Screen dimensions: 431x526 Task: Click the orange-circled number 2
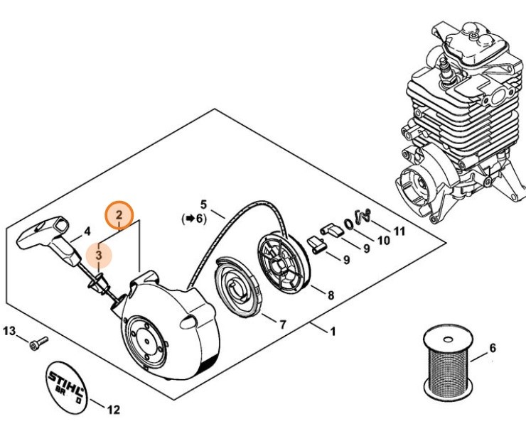pos(119,214)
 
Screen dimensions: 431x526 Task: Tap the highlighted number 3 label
pos(100,253)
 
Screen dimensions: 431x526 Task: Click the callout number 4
pos(87,231)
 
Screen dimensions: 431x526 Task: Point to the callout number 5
pos(203,204)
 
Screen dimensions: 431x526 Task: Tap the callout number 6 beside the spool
pos(493,348)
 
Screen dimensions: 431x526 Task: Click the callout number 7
pos(282,324)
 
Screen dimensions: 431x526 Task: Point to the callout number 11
pos(399,231)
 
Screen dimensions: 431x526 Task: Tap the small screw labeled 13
pos(36,345)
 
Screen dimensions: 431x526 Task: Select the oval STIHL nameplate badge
pos(70,383)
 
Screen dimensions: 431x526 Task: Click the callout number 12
pos(113,409)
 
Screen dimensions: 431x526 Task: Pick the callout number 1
pos(332,331)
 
